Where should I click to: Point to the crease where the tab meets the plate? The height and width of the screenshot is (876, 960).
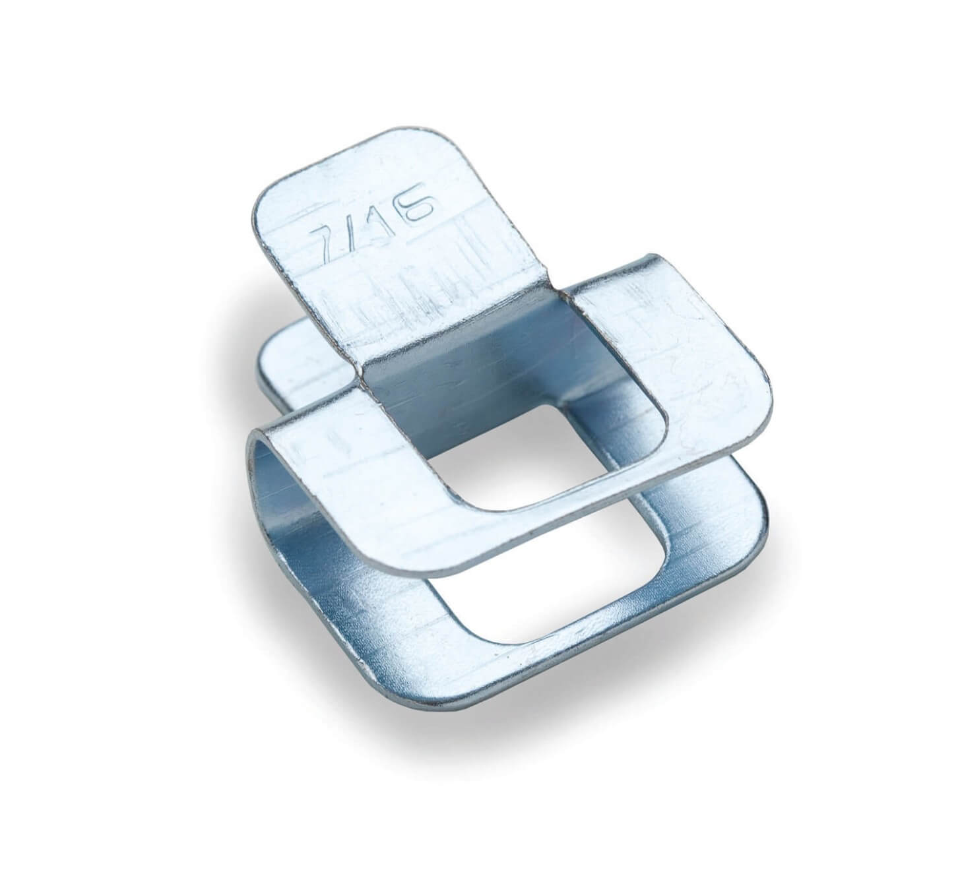point(455,335)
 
